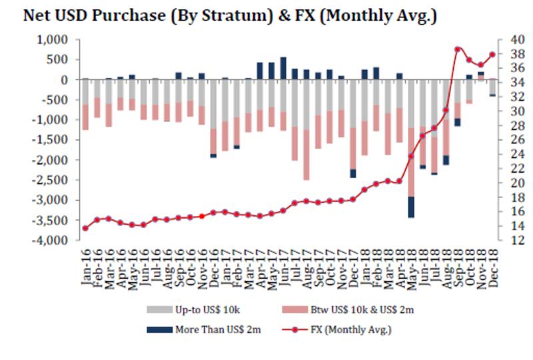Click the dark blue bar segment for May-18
pyautogui.click(x=411, y=207)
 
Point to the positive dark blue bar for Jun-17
pyautogui.click(x=283, y=68)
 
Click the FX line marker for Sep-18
pyautogui.click(x=458, y=49)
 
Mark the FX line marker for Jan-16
pyautogui.click(x=85, y=228)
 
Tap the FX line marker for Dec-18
pyautogui.click(x=492, y=55)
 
